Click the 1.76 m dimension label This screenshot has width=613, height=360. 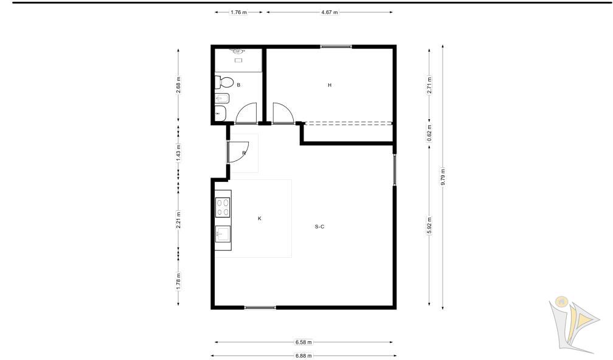(238, 12)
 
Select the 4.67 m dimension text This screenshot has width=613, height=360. (329, 12)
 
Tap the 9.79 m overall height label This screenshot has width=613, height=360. (443, 176)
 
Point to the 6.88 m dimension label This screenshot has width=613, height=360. (303, 356)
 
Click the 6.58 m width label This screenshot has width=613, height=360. (303, 342)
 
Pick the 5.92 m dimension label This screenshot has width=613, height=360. (429, 226)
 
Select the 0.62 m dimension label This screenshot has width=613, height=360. (429, 133)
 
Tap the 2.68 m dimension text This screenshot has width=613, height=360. (178, 85)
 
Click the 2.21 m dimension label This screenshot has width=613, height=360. (178, 220)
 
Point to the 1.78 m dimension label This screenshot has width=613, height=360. (178, 281)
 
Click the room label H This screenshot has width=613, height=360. (330, 85)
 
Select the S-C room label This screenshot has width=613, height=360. (319, 227)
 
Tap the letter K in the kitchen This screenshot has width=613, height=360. (260, 218)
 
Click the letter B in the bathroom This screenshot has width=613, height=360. (238, 85)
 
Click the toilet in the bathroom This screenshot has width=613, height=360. (224, 83)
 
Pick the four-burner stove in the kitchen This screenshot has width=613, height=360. (223, 207)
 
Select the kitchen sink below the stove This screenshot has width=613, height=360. (223, 234)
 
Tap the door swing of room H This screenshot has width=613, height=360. (283, 113)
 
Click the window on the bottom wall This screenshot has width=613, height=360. (260, 308)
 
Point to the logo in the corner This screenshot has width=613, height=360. (573, 324)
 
